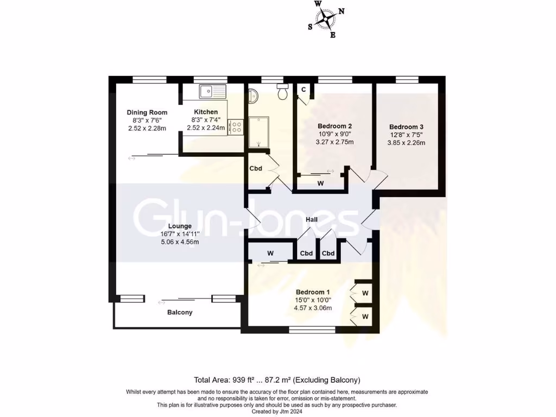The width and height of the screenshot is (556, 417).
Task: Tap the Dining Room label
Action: (147, 112)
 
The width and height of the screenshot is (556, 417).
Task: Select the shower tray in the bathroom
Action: (258, 131)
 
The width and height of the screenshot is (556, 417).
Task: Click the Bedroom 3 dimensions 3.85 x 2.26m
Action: (406, 143)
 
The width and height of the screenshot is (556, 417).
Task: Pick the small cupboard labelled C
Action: (304, 90)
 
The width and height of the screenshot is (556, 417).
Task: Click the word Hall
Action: (312, 219)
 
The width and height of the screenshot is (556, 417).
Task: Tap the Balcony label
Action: (180, 313)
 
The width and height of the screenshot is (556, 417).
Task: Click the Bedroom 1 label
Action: (312, 291)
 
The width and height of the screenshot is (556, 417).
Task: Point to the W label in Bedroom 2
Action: (321, 184)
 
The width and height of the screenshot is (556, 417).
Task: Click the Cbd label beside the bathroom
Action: (256, 168)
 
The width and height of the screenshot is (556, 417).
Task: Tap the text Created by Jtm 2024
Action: (277, 412)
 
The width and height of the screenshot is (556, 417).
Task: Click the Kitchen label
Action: (206, 112)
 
